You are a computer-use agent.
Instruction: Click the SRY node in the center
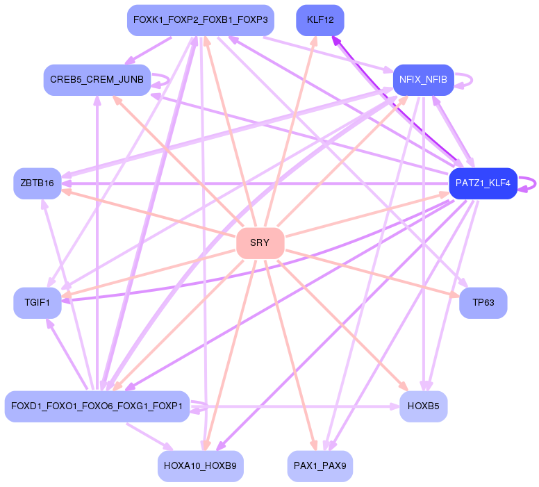(x=260, y=243)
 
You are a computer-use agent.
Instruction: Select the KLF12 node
(x=320, y=20)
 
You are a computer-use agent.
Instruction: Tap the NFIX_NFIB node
(x=423, y=80)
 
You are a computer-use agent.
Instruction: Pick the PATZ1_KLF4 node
(x=483, y=183)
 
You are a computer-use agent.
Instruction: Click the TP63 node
(x=483, y=303)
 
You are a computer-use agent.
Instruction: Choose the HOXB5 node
(x=423, y=406)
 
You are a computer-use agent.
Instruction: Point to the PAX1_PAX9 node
(x=320, y=466)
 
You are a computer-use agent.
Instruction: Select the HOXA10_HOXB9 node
(x=201, y=466)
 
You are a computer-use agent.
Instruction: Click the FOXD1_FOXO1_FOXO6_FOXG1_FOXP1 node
(x=97, y=406)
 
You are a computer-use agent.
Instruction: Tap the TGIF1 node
(x=38, y=303)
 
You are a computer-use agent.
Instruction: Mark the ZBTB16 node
(x=38, y=183)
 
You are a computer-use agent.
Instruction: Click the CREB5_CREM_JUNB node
(x=97, y=80)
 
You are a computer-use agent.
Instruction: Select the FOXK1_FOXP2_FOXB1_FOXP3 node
(x=201, y=20)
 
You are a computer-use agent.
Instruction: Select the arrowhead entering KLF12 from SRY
(x=314, y=40)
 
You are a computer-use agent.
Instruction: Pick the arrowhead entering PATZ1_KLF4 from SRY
(x=445, y=195)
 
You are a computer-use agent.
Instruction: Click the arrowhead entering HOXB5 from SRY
(x=404, y=387)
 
